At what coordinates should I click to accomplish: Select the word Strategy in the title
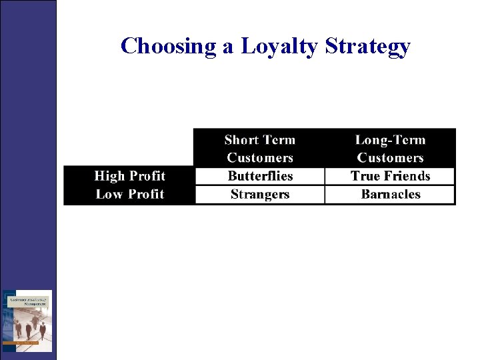point(368,46)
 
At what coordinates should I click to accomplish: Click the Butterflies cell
point(260,176)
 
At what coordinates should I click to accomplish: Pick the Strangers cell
point(260,195)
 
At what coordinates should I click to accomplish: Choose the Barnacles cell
point(390,195)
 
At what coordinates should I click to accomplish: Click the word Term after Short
point(278,140)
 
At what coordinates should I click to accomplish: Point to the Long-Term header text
point(390,140)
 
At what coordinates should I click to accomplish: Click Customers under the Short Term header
point(260,158)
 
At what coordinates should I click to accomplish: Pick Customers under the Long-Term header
point(390,158)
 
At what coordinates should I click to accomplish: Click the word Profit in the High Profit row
point(147,176)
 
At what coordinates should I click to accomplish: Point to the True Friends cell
point(390,176)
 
